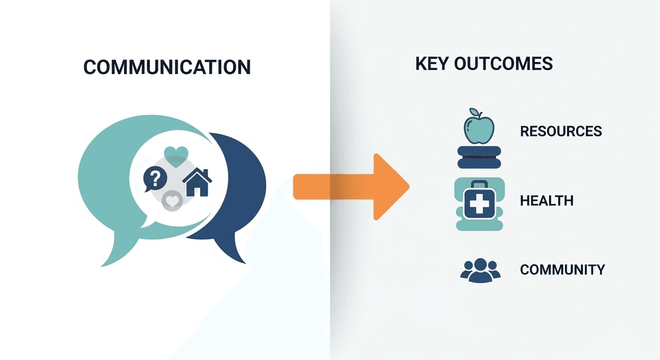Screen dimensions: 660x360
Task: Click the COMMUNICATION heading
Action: tap(167, 67)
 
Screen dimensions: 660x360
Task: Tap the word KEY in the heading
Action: tap(432, 64)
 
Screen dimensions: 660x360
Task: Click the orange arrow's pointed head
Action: tap(408, 186)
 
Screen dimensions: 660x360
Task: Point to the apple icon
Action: tap(479, 127)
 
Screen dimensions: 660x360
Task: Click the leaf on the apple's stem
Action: tap(474, 112)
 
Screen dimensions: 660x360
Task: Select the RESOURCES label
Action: tap(561, 131)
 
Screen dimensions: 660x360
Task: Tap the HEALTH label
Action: tap(547, 201)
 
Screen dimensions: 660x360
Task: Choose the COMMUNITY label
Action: tap(562, 270)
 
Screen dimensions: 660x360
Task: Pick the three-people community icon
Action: tap(480, 270)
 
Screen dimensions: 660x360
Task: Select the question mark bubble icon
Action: tap(155, 178)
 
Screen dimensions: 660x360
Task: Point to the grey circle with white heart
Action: tap(172, 201)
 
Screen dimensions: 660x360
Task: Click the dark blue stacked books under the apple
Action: tap(479, 157)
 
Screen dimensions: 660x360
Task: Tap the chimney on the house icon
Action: tap(205, 172)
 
